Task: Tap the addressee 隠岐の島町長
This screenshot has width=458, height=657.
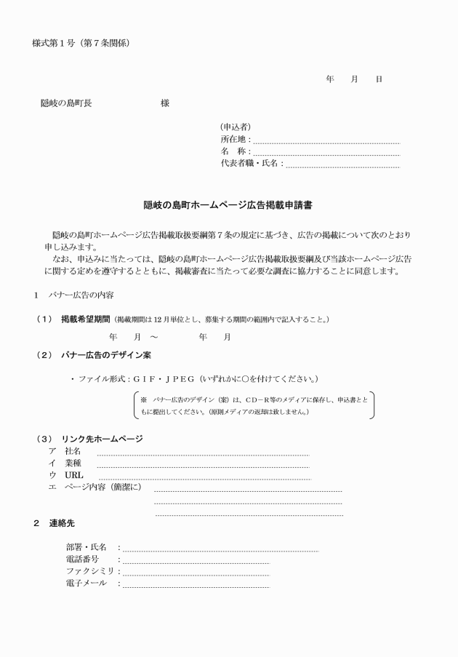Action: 66,103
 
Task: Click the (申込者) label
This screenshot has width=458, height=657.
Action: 236,127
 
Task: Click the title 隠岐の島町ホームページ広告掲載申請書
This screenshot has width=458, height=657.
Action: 228,206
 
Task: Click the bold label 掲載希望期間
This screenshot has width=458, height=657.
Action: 86,319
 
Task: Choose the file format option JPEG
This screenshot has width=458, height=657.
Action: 181,379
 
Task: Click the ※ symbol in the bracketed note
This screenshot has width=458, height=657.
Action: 144,399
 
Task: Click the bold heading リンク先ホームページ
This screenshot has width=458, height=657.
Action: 102,439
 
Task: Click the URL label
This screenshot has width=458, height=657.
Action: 74,475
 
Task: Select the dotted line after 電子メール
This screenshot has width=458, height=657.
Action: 196,586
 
